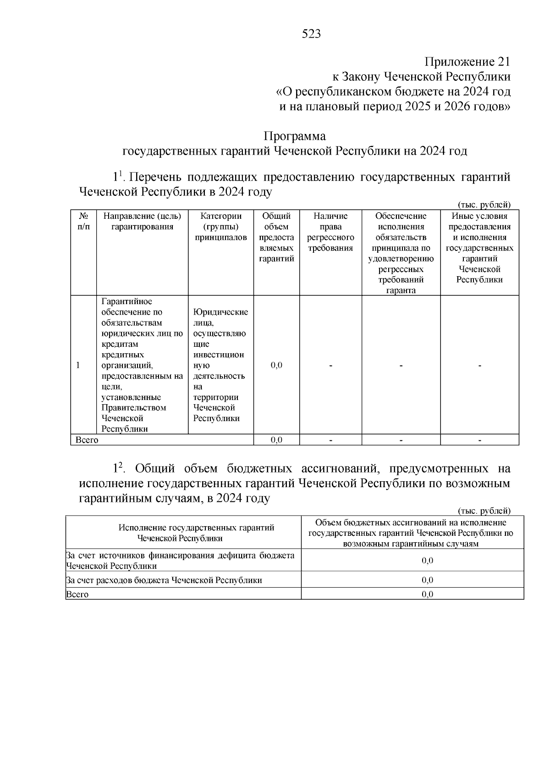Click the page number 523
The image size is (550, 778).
(312, 34)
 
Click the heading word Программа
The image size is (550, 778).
(294, 136)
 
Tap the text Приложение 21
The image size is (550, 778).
(467, 61)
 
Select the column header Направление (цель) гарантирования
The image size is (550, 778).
(142, 221)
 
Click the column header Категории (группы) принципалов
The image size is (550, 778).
(221, 227)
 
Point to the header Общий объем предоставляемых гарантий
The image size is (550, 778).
(276, 237)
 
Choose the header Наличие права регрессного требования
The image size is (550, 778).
(330, 232)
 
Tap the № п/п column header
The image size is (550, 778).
(83, 221)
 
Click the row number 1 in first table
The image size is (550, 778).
(78, 365)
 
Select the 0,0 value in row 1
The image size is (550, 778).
(276, 365)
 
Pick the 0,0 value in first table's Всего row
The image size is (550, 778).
(276, 440)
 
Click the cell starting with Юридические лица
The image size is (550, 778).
(220, 365)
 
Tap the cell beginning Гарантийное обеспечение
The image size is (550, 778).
(142, 365)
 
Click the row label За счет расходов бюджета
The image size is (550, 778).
(164, 580)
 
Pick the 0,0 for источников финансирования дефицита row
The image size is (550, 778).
(427, 561)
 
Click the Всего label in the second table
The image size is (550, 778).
(77, 595)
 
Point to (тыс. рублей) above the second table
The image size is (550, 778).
(484, 511)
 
